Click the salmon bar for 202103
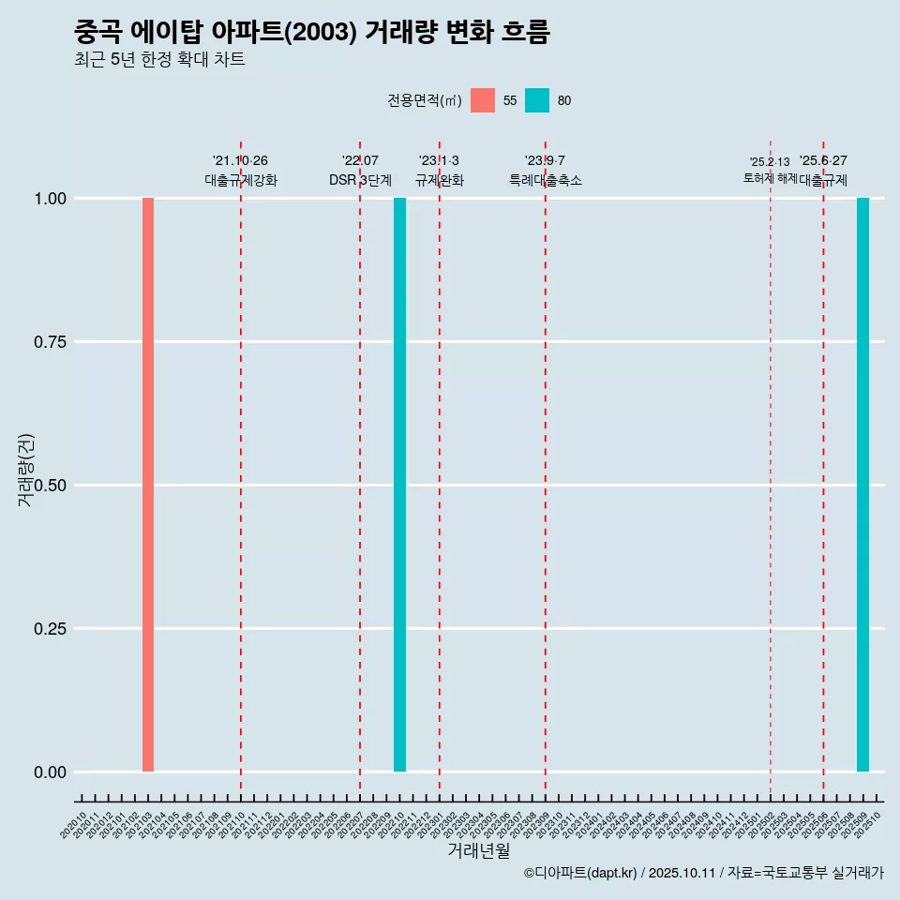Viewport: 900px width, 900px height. [148, 485]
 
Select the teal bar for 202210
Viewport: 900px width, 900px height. [399, 485]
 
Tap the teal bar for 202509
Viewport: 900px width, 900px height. [862, 485]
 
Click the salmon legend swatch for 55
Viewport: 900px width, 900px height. [483, 100]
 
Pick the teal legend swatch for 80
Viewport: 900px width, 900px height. [537, 100]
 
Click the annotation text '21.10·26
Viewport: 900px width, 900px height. [240, 161]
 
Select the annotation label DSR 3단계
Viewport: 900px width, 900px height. [360, 180]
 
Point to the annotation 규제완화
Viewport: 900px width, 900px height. [439, 180]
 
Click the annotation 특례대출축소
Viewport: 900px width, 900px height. [545, 180]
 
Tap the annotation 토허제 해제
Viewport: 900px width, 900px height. [770, 177]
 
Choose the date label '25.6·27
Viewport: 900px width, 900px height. [823, 161]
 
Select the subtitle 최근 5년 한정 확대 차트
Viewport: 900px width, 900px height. [159, 60]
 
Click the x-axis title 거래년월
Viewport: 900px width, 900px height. [478, 850]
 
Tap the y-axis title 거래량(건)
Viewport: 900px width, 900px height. [25, 471]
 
